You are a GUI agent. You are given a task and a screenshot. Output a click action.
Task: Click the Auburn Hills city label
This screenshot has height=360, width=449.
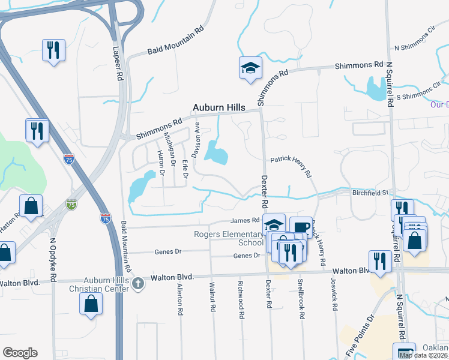pos(218,107)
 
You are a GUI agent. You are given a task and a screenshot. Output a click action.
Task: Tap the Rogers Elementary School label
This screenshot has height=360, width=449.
pos(228,238)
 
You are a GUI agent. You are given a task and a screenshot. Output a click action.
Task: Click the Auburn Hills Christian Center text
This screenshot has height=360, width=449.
pos(98,284)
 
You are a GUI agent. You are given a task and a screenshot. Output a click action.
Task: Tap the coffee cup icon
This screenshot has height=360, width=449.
pos(301,227)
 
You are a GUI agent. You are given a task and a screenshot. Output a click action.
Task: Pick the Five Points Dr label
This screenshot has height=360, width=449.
pos(363,334)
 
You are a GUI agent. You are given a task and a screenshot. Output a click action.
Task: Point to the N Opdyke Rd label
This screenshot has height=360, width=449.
pos(53,260)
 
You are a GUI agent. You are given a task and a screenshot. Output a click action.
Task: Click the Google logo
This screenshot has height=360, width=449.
pos(20,352)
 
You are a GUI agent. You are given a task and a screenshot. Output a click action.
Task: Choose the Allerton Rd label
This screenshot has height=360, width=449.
pos(179,300)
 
